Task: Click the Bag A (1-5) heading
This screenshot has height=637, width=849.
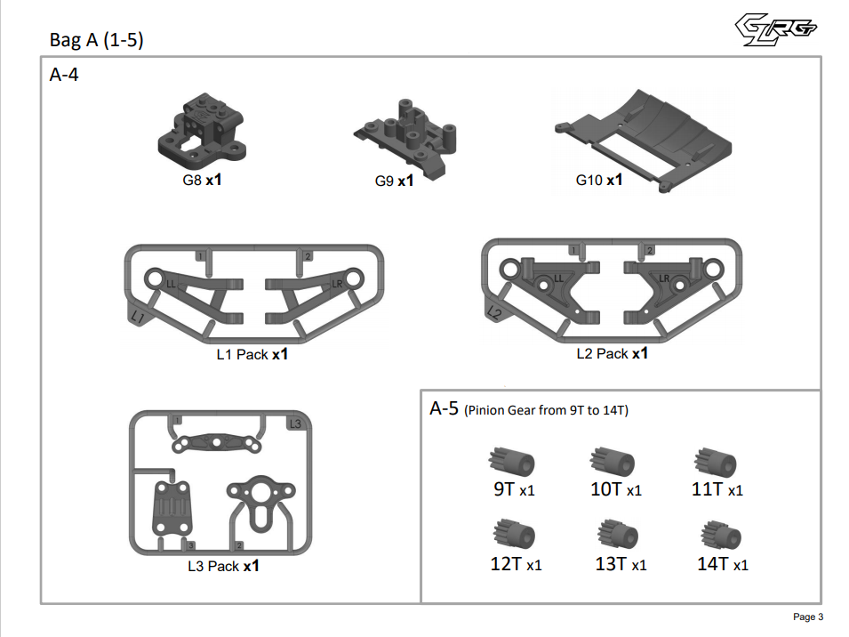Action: pos(97,41)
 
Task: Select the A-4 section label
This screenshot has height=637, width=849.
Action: pos(64,76)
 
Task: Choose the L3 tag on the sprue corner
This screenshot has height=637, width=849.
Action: pos(296,423)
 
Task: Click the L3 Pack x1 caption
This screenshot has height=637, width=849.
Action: pos(222,566)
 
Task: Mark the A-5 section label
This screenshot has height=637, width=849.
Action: pos(444,409)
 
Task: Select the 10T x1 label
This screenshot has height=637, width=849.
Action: pos(615,489)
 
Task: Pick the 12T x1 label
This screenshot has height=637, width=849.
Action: pos(516,564)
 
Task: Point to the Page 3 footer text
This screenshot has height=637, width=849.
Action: pos(807,617)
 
